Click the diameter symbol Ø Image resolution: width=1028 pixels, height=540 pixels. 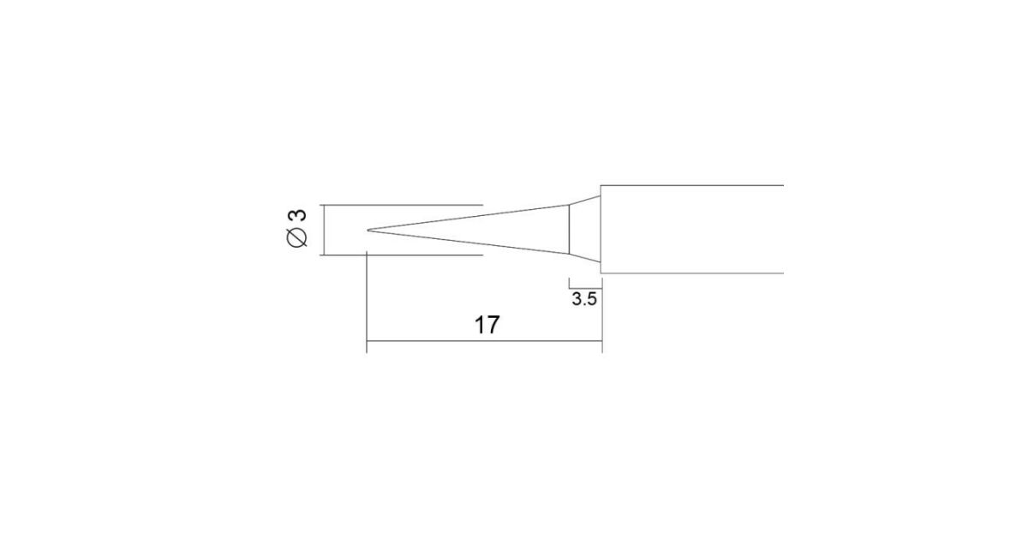click(x=296, y=237)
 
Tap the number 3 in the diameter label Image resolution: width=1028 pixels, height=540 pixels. click(x=297, y=215)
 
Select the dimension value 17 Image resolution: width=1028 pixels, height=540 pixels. click(x=487, y=325)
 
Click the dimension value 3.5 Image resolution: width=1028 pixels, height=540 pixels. click(x=584, y=299)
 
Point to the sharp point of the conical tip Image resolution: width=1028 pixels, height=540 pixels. click(x=368, y=230)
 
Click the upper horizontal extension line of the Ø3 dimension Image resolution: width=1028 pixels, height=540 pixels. click(x=402, y=205)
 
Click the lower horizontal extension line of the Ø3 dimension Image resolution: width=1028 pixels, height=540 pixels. click(x=402, y=255)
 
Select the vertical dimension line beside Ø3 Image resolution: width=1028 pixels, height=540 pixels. click(x=325, y=230)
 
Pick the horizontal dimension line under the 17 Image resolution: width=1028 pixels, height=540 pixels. click(x=484, y=341)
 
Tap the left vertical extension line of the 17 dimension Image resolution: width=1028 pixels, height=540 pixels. click(x=367, y=302)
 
